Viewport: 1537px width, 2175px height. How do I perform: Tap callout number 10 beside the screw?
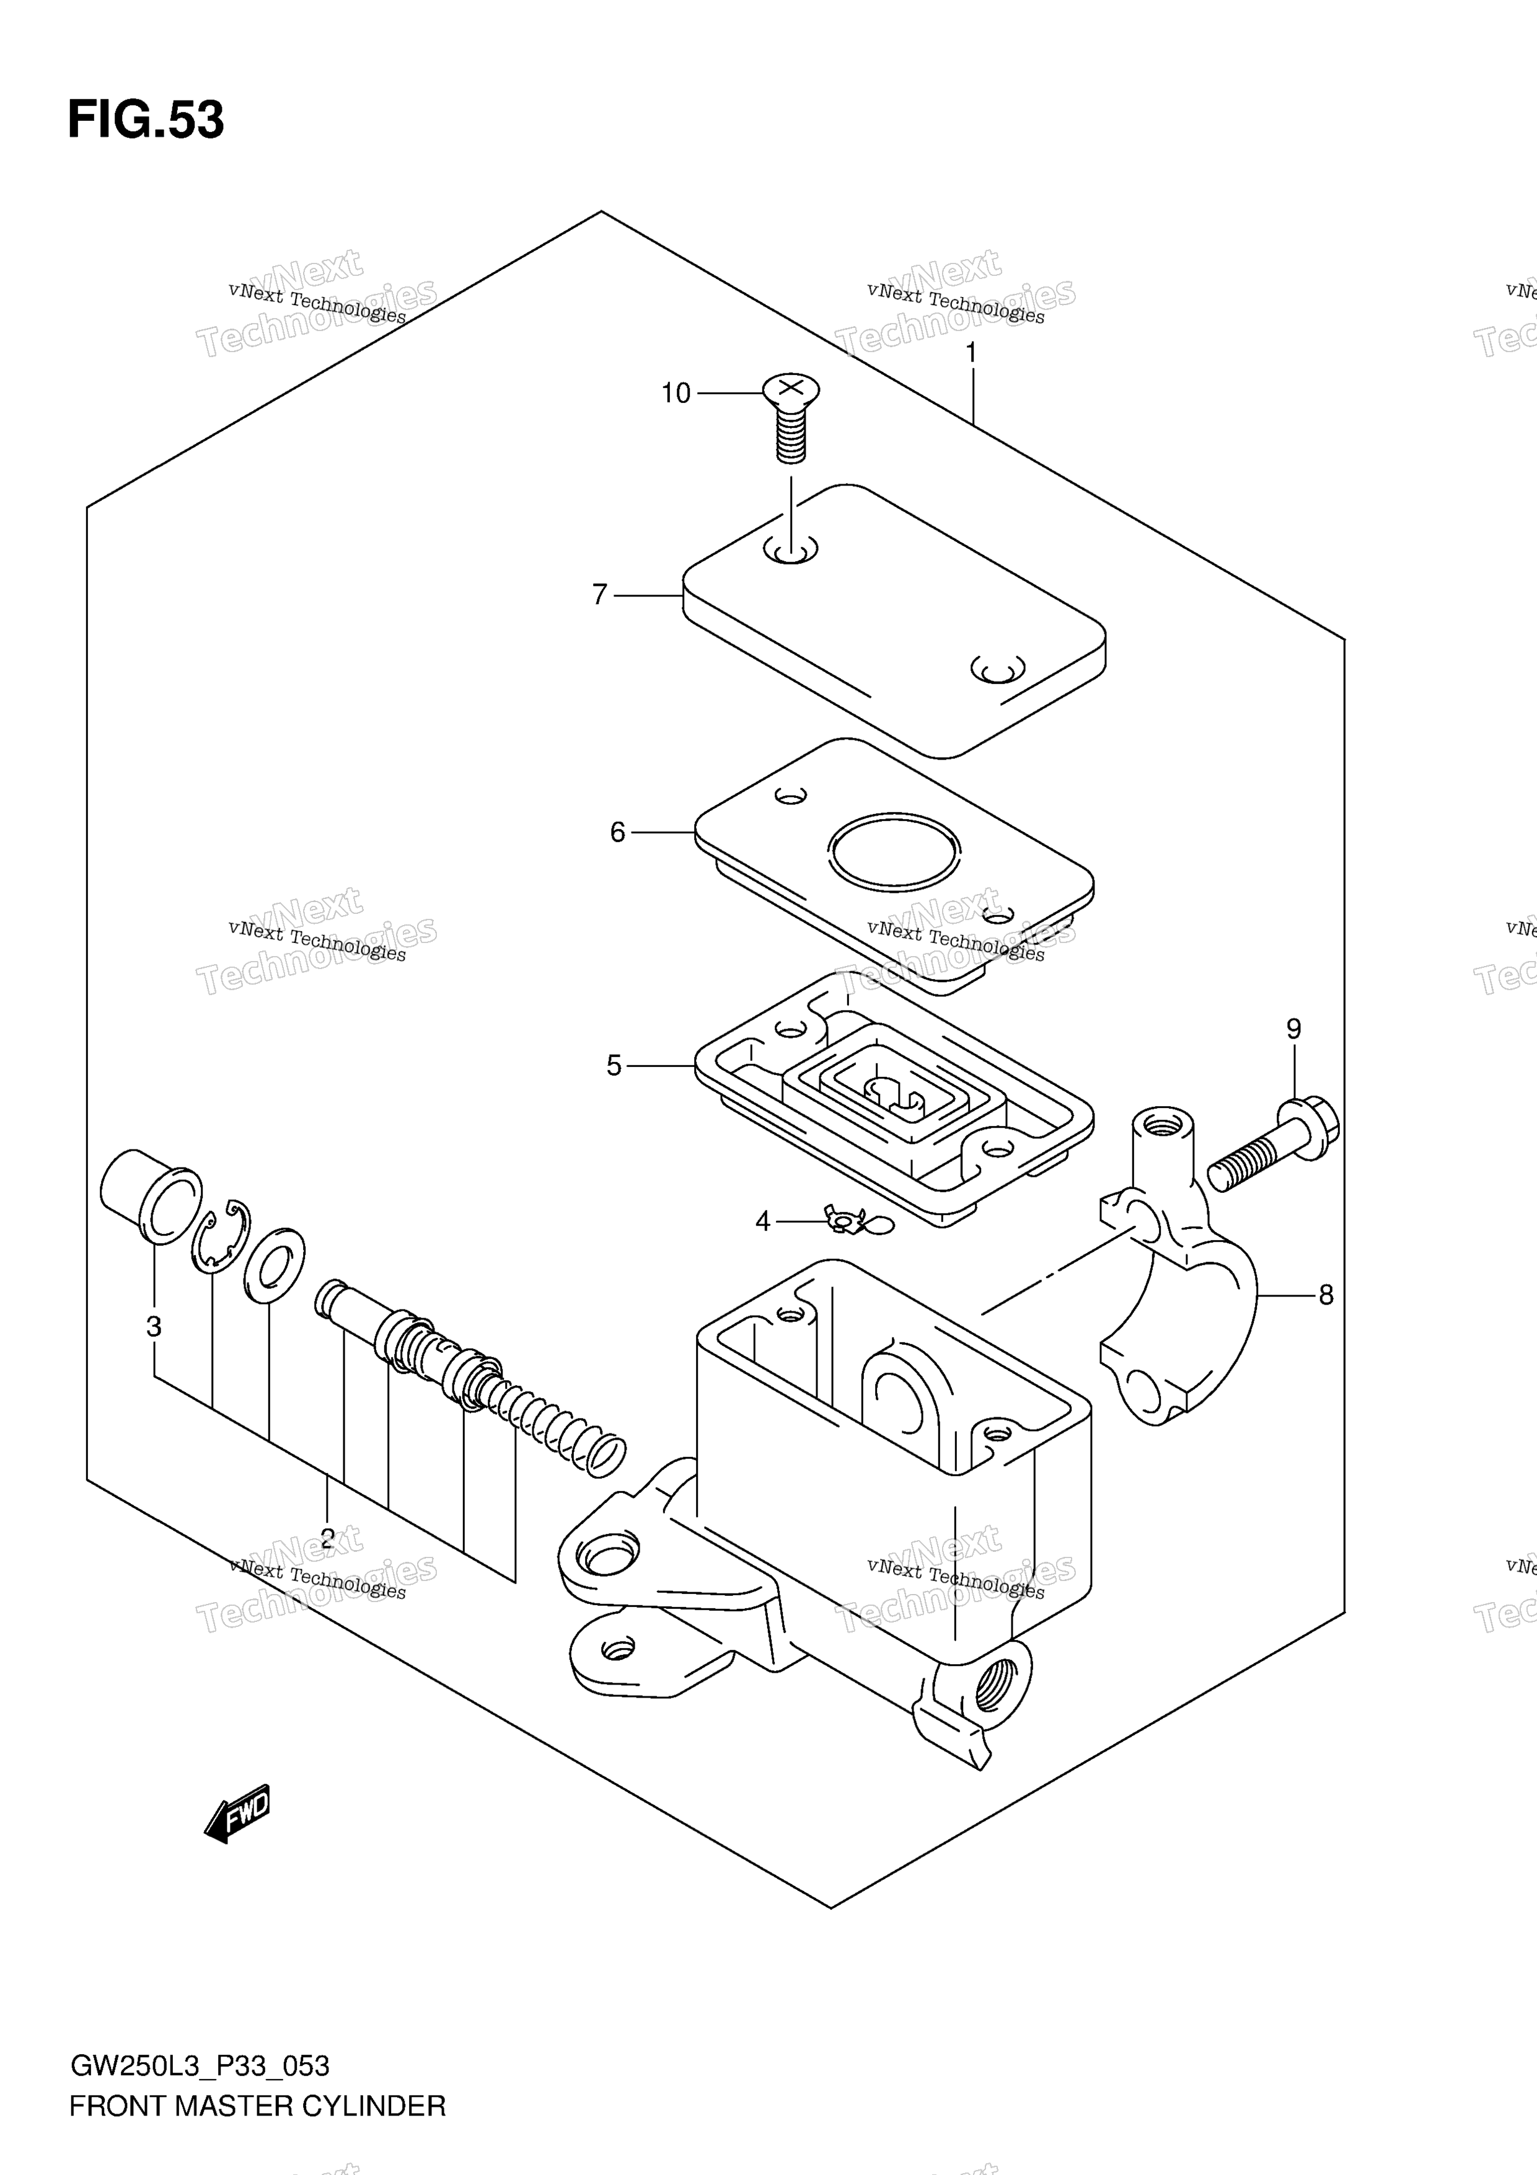(676, 393)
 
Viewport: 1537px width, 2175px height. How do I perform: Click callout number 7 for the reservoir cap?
(599, 595)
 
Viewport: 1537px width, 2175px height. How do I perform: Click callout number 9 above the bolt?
(1293, 1029)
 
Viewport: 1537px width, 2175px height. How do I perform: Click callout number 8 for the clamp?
(1326, 1295)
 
